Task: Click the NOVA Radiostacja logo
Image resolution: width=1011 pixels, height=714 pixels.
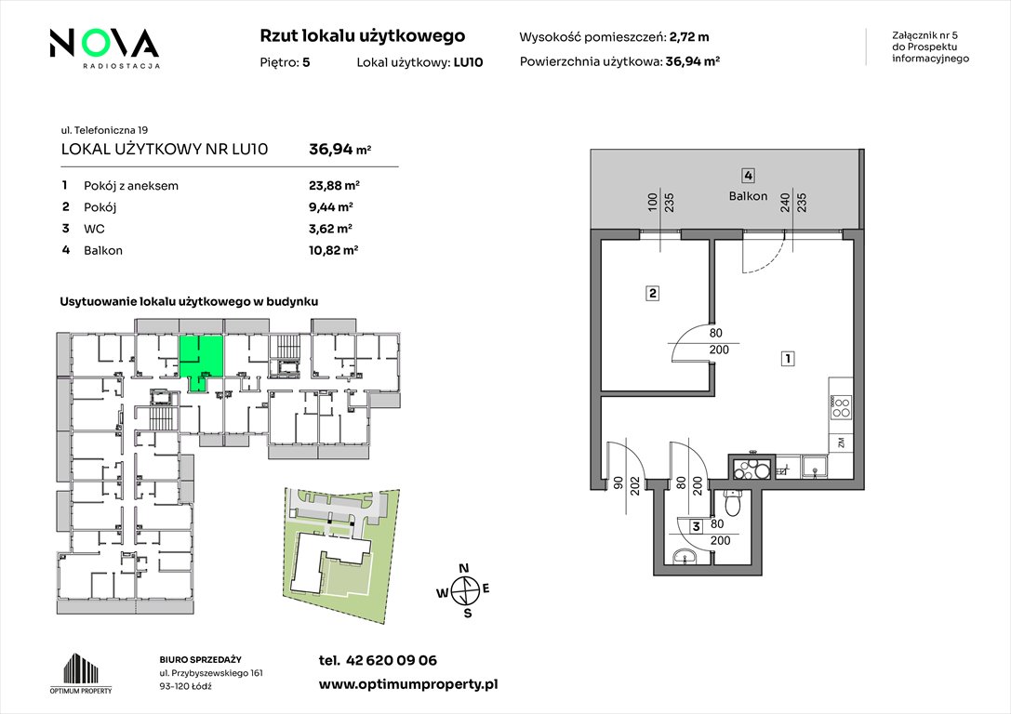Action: coord(104,47)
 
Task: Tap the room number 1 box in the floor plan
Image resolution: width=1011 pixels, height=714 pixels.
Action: coord(787,358)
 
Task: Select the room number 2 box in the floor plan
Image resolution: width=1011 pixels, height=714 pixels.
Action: coord(653,293)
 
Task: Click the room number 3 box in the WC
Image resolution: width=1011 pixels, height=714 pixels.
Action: coord(696,526)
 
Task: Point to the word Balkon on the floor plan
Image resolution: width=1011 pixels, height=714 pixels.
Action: coord(748,196)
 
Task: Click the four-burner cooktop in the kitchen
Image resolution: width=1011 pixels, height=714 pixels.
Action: coord(842,407)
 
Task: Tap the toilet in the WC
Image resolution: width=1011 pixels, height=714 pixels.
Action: coord(733,501)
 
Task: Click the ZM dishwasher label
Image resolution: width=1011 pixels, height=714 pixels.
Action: coord(841,442)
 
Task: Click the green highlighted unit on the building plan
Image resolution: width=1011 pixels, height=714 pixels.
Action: coord(202,360)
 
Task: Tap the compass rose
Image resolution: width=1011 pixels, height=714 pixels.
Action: coord(463,590)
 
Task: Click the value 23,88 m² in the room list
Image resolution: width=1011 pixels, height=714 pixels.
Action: coord(334,186)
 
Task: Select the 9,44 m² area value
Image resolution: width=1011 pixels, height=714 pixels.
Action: coord(331,206)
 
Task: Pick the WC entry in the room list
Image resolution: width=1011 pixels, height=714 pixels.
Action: coord(94,229)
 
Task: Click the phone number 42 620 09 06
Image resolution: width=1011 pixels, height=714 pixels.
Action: coord(392,660)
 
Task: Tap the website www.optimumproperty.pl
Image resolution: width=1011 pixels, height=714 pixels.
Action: coord(408,684)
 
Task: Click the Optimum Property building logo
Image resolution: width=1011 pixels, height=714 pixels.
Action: coord(81,673)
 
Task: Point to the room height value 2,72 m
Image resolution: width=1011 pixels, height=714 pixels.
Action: coord(689,37)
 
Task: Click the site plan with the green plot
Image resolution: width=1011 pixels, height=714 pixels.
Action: coord(340,554)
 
